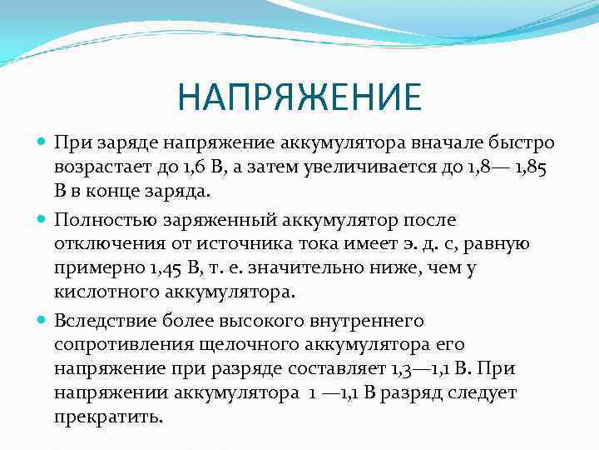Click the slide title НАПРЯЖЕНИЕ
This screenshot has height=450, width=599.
pyautogui.click(x=299, y=97)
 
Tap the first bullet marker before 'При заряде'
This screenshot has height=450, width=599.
pyautogui.click(x=43, y=142)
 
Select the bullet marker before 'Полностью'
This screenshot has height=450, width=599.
pyautogui.click(x=43, y=220)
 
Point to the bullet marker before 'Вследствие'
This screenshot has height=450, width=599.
pyautogui.click(x=43, y=320)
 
